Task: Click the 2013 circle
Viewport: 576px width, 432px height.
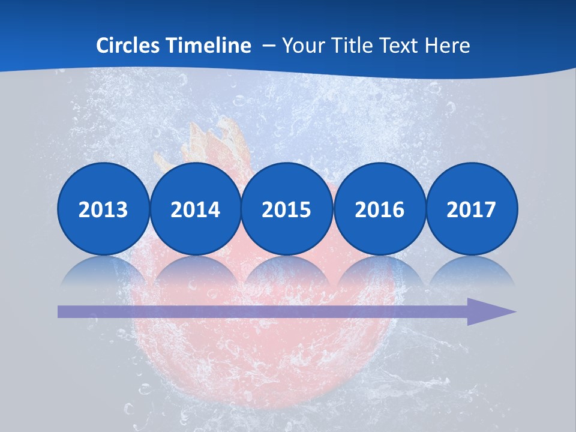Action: coord(103,209)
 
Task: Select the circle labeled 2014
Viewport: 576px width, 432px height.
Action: coord(195,209)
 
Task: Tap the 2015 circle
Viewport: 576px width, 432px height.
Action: coord(287,209)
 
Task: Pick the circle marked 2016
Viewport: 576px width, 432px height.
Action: coord(379,209)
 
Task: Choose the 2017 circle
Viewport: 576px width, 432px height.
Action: coord(471,209)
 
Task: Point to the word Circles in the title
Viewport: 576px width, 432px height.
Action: coord(128,45)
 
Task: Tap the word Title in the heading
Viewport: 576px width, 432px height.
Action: coord(348,45)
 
